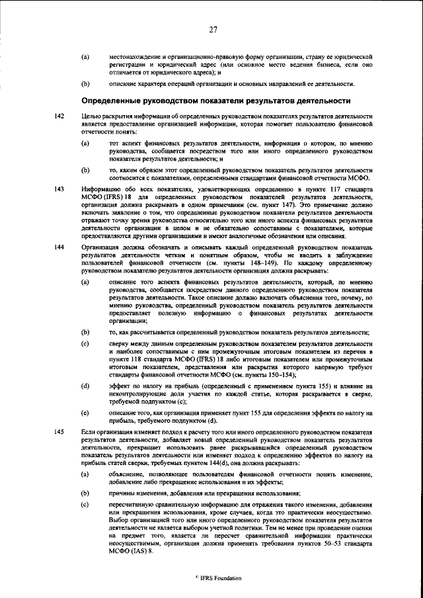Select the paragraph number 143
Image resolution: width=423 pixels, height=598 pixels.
(59, 189)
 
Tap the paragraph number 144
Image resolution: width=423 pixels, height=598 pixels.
(59, 247)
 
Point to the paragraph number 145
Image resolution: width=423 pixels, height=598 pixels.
(59, 432)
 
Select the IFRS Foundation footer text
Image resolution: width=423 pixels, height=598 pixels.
(213, 577)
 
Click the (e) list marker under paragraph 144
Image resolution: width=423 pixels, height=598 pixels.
(85, 413)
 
